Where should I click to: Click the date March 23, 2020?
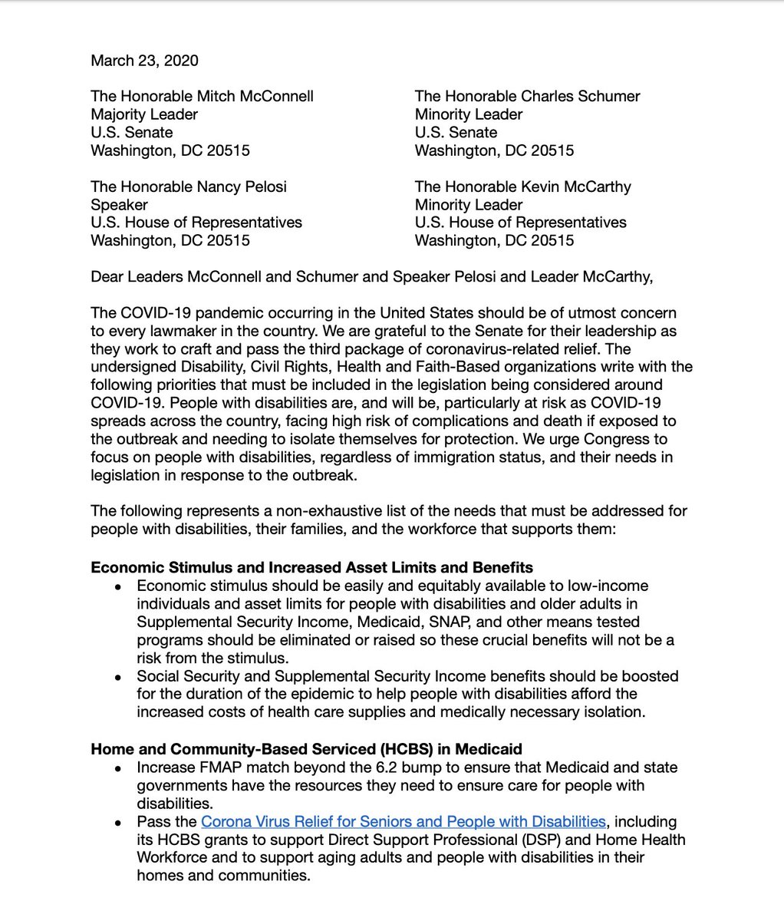143,60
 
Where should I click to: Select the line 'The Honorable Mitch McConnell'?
202,96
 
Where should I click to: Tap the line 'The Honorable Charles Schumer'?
527,96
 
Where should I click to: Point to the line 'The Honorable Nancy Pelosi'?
189,187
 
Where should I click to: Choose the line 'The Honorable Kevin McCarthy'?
522,187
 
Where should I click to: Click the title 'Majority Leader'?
144,114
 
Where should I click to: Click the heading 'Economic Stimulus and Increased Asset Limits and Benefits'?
311,568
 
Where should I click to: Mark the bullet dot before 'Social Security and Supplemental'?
117,677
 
